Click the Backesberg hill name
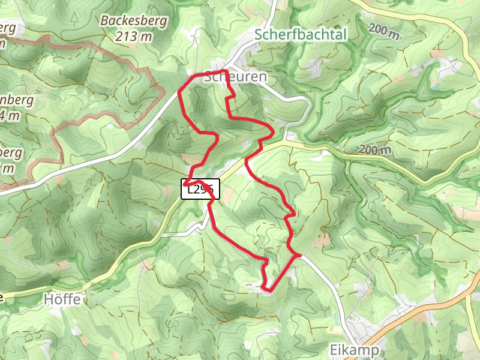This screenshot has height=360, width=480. tap(134, 22)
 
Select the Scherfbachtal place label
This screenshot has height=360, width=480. tap(301, 35)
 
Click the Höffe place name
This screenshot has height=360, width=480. tap(62, 298)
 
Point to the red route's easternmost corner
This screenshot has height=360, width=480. tap(299, 256)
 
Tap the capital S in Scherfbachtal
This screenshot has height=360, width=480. tap(259, 35)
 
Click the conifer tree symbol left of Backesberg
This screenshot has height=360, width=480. tap(73, 18)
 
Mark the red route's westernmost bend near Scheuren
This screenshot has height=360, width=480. tap(180, 92)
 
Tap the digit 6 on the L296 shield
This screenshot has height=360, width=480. tap(212, 190)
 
